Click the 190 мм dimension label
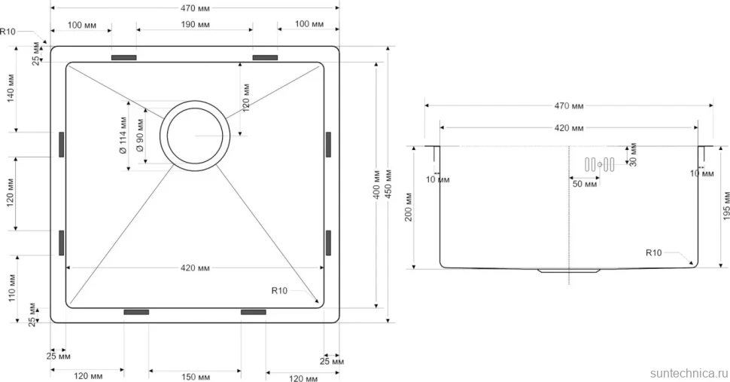coord(195,24)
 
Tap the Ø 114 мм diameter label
coord(123,136)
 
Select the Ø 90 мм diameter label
coord(140,136)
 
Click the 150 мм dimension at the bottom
coord(195,377)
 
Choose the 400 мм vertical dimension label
coord(376,184)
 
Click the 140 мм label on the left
coord(11,88)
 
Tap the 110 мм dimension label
coord(11,287)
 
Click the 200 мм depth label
coord(409,207)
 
